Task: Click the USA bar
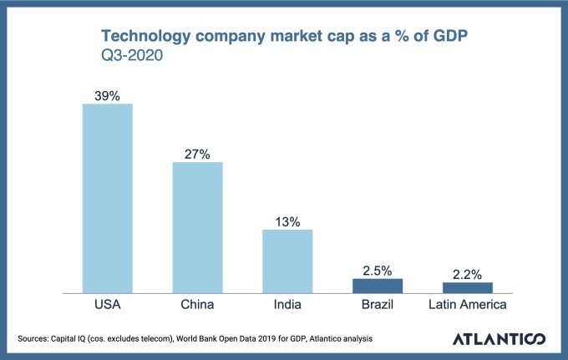coord(107,199)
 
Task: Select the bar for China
coord(197,227)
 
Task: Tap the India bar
coord(287,261)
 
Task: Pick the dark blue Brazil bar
coord(378,286)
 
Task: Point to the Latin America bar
coord(467,287)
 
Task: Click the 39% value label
coord(107,96)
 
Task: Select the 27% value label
coord(197,154)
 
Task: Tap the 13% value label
coord(287,221)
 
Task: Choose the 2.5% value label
coord(378,271)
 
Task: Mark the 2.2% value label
coord(467,274)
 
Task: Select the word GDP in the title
coord(450,36)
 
